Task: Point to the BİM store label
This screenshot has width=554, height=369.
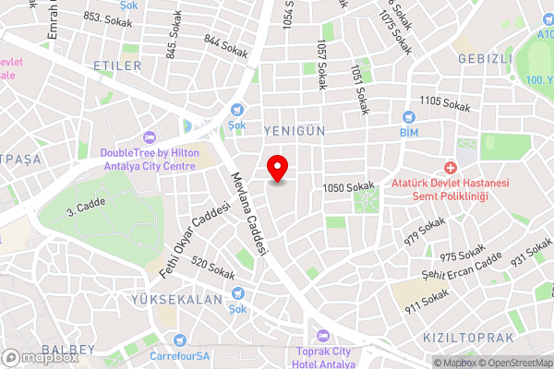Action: pos(409,133)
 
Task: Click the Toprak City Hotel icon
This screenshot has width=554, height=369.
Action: pos(321,335)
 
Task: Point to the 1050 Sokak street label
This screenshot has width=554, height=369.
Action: pos(349,188)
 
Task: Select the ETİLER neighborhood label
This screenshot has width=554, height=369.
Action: pos(117,65)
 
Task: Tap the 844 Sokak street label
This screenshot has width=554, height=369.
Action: pos(226,47)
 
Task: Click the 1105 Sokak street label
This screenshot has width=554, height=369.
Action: pos(444,103)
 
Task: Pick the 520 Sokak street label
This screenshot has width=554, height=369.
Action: pos(212,268)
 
